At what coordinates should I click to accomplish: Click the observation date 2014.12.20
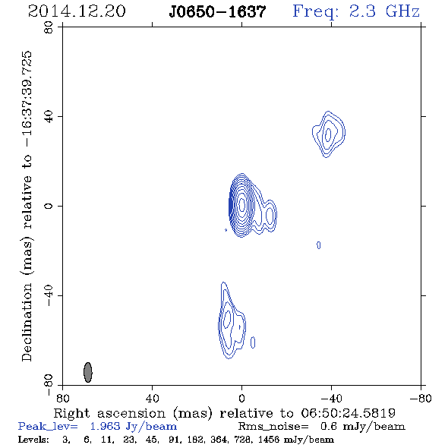[x=77, y=11]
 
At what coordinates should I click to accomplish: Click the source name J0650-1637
[x=217, y=11]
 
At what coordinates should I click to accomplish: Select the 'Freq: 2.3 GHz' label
[x=356, y=12]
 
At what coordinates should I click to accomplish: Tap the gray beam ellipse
[x=88, y=372]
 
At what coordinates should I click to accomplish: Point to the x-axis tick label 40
[x=152, y=398]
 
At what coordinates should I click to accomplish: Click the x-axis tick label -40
[x=331, y=398]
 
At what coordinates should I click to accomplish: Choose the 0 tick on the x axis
[x=241, y=398]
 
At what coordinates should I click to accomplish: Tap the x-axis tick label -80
[x=420, y=398]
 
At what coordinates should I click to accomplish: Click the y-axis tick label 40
[x=49, y=116]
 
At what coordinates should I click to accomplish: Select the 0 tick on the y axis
[x=49, y=206]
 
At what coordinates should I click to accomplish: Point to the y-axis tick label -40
[x=49, y=295]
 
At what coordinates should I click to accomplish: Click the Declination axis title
[x=27, y=206]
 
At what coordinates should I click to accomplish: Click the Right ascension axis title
[x=225, y=413]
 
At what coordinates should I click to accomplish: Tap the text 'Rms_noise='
[x=273, y=427]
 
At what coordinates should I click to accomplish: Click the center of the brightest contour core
[x=241, y=204]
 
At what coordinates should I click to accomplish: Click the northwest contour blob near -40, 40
[x=329, y=134]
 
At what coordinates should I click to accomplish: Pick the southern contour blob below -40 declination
[x=232, y=320]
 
